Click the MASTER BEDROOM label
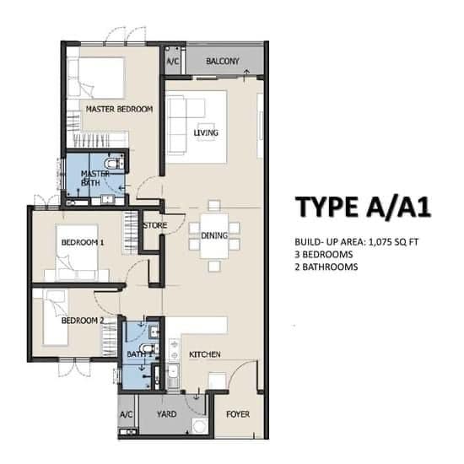tap(119, 109)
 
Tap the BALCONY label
tap(223, 62)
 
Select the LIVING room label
tap(206, 132)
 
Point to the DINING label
tap(214, 235)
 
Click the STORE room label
tap(155, 225)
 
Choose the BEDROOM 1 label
tap(83, 243)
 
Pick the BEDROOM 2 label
tap(83, 321)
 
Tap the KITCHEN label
tap(205, 354)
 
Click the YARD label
tap(167, 414)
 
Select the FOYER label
tap(238, 414)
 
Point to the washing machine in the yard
tap(199, 426)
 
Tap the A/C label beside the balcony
tap(173, 62)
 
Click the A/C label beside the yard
tap(127, 414)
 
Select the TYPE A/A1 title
tap(363, 208)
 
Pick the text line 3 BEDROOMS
tap(324, 255)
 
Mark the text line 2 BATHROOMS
tap(326, 267)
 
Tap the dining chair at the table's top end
tap(214, 206)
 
